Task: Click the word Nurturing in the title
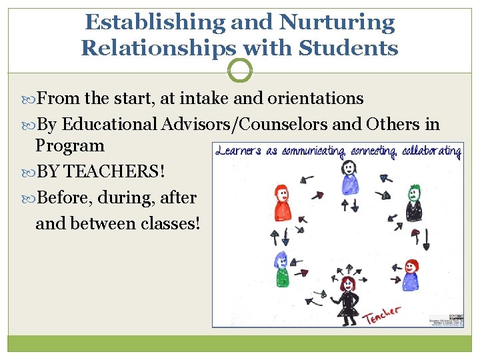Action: tap(337, 22)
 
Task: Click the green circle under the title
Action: tap(240, 70)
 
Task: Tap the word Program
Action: tap(70, 146)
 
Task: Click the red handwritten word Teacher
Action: tap(381, 314)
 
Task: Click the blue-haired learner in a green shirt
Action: tap(281, 268)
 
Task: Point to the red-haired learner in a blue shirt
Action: tap(410, 274)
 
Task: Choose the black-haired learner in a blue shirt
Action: tap(349, 176)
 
